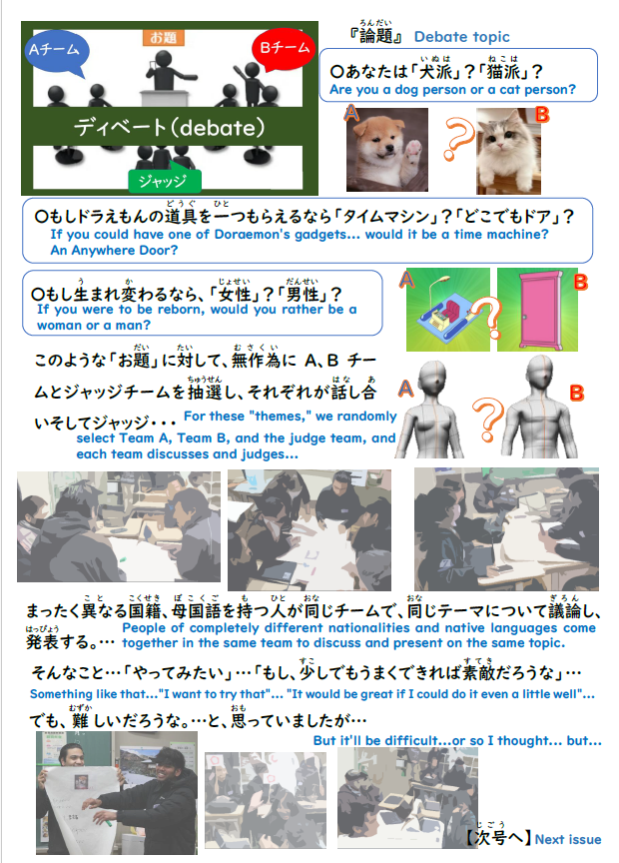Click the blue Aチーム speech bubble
(x=56, y=52)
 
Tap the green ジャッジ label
(x=165, y=181)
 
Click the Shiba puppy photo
(x=386, y=150)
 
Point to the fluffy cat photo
(x=508, y=151)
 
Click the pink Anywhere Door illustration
(x=537, y=310)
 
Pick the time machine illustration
(x=448, y=310)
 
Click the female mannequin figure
(x=432, y=409)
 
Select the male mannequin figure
(x=540, y=408)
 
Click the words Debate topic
(x=461, y=37)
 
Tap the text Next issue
(x=568, y=839)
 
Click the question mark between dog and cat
(x=459, y=140)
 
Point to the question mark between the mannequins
(x=487, y=421)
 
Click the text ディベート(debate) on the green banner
(x=170, y=128)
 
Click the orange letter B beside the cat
(x=542, y=115)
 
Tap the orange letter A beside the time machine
(x=406, y=280)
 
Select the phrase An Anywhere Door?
(x=114, y=251)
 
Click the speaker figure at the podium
(x=165, y=72)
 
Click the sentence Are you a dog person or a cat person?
(x=452, y=90)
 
